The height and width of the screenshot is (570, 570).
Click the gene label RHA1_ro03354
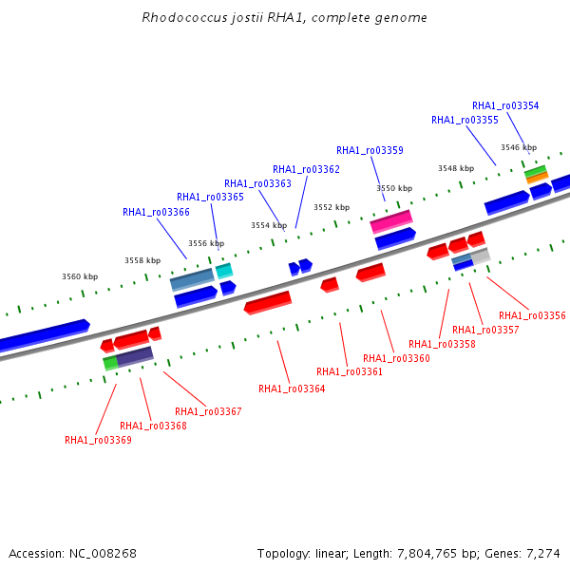coord(505,105)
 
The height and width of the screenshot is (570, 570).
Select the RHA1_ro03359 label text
coord(370,150)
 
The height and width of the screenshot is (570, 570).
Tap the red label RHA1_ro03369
coord(98,440)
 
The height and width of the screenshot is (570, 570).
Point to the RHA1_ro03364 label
coord(292,389)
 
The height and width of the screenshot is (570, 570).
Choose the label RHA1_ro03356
coord(532,315)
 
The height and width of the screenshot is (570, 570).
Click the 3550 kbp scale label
coord(394,188)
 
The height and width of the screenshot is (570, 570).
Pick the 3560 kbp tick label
coord(80,276)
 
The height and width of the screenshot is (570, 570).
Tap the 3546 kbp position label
coord(519,147)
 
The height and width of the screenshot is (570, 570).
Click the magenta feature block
coord(391,221)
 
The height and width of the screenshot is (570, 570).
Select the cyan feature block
coord(224,271)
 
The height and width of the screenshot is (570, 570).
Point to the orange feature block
coord(537,179)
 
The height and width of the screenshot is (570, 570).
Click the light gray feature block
coord(481,256)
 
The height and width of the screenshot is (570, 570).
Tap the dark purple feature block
coord(135,356)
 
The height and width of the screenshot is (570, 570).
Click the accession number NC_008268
coord(103,553)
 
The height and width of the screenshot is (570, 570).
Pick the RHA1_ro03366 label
coord(156,212)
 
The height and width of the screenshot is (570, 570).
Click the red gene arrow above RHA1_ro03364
coord(268,302)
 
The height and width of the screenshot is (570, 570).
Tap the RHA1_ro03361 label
coord(350,371)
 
